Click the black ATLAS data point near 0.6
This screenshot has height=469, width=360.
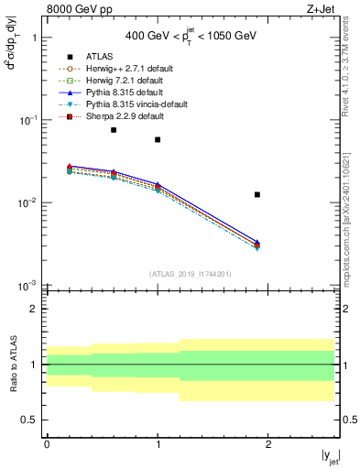click(x=114, y=130)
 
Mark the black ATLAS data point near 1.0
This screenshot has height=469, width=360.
click(x=158, y=139)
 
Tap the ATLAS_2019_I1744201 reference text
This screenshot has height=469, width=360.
click(x=191, y=274)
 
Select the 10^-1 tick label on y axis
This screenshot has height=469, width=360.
click(x=27, y=120)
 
